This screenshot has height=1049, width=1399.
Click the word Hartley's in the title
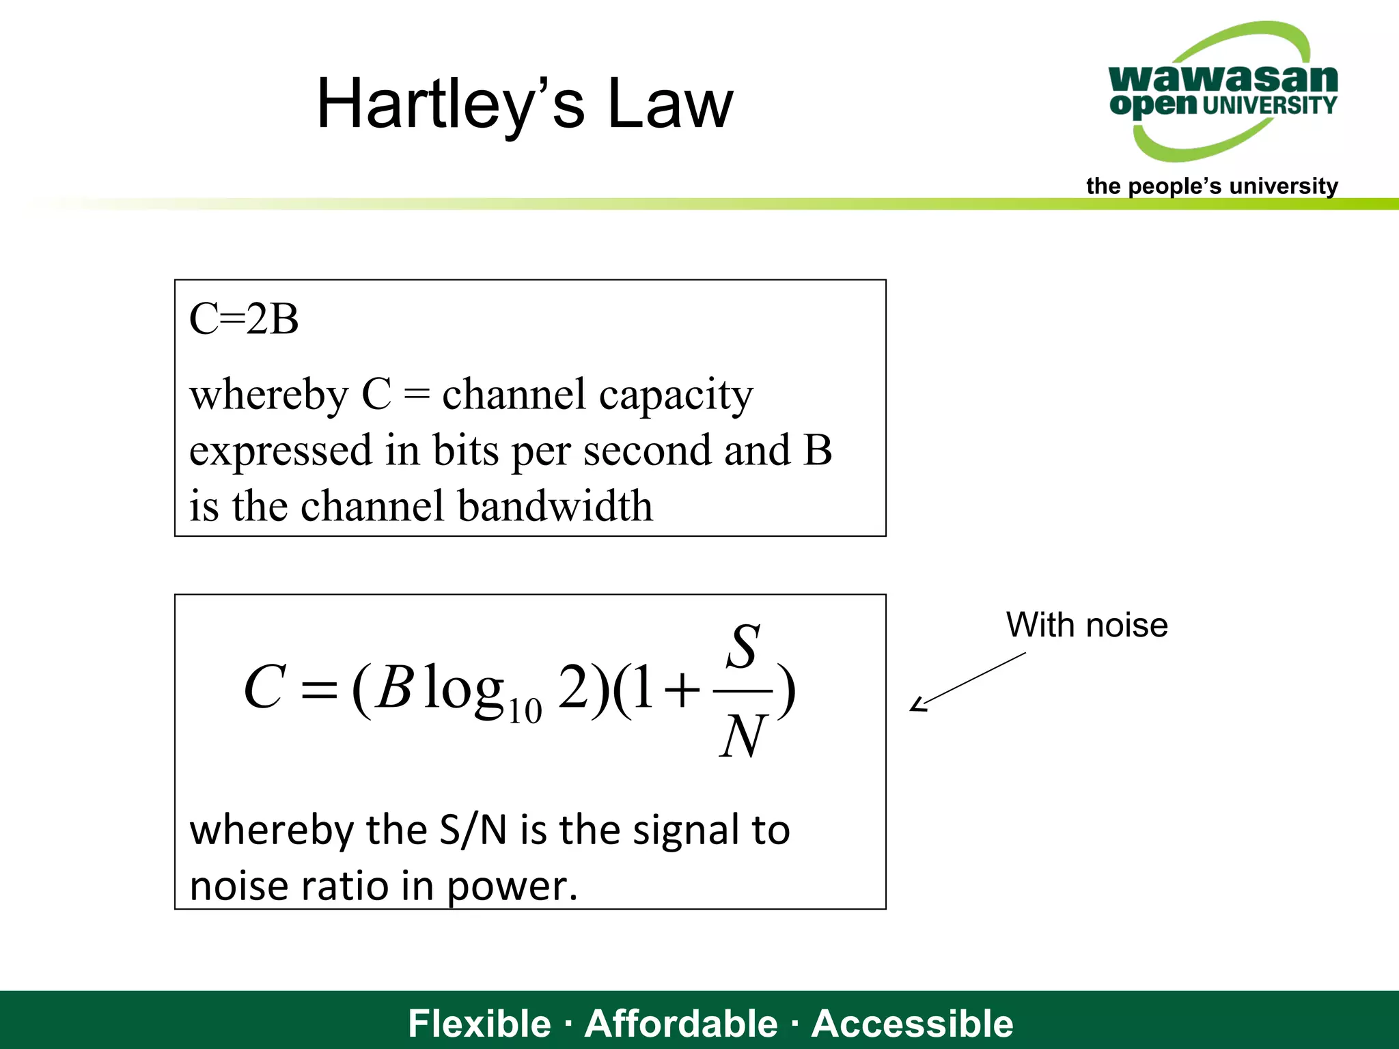[x=450, y=104]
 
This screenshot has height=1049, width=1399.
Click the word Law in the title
[x=669, y=104]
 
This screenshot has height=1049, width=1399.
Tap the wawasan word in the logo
[x=1223, y=79]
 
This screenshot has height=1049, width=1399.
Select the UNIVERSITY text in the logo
[x=1269, y=105]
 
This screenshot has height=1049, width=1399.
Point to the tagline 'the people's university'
[x=1212, y=186]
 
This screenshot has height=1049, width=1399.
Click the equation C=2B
[x=244, y=319]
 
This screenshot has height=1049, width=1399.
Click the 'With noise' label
[x=1087, y=625]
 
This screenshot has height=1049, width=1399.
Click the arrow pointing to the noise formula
[x=967, y=682]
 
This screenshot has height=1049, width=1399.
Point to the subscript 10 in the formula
[x=525, y=711]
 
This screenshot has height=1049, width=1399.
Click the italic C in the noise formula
[x=264, y=687]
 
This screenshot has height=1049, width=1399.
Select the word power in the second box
[x=512, y=887]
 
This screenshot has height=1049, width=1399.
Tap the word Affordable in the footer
[x=681, y=1024]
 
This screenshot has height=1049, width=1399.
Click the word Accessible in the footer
[x=912, y=1024]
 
